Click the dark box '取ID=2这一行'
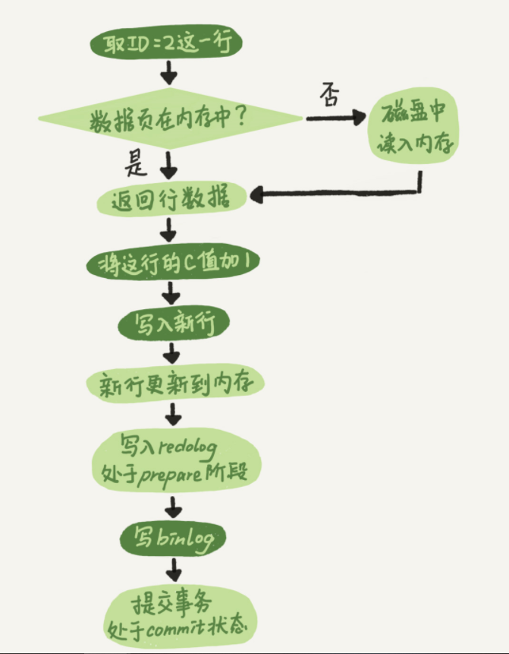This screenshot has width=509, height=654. [x=166, y=43]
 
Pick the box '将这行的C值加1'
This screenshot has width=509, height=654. [x=173, y=263]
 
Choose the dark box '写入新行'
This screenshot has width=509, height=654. [x=173, y=324]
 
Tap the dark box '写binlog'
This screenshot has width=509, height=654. [x=174, y=539]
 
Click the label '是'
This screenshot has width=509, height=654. [x=137, y=163]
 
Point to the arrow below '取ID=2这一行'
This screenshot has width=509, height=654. [x=168, y=74]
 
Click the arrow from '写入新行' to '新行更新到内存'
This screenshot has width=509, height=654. [x=174, y=352]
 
